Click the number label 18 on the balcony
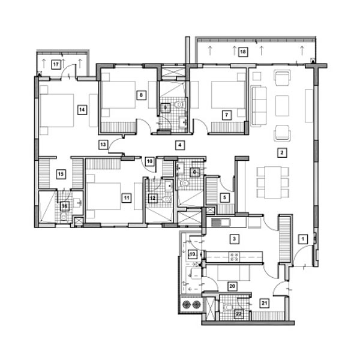tap(243, 52)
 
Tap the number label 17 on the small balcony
tap(56, 64)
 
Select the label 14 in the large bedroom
tap(82, 109)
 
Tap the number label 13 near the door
tap(103, 144)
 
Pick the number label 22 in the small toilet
tap(238, 313)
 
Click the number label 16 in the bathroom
tap(64, 206)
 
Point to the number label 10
tap(149, 161)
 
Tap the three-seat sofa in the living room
tap(259, 106)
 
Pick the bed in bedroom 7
tap(228, 96)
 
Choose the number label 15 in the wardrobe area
tap(60, 174)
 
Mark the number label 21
tap(265, 303)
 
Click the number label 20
tap(231, 286)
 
